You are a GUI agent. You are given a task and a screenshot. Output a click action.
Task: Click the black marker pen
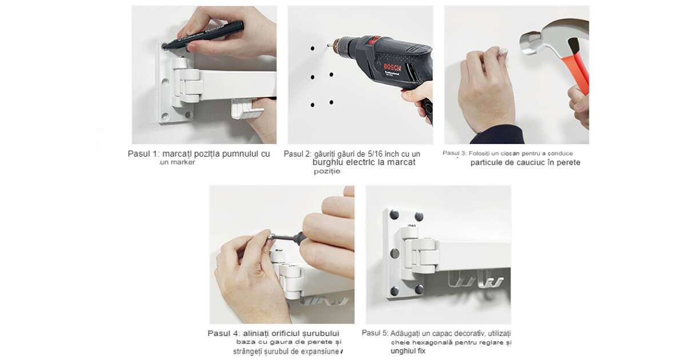tap(203, 35)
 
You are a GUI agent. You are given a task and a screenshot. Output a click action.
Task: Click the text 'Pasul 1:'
tap(143, 154)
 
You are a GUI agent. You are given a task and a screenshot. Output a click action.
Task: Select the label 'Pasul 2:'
tap(297, 154)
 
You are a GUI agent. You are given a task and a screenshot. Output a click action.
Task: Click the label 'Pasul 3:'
tap(454, 153)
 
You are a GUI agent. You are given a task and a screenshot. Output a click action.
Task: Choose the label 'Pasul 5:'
tap(375, 333)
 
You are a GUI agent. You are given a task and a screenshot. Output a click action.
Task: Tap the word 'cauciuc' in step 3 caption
tap(531, 162)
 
